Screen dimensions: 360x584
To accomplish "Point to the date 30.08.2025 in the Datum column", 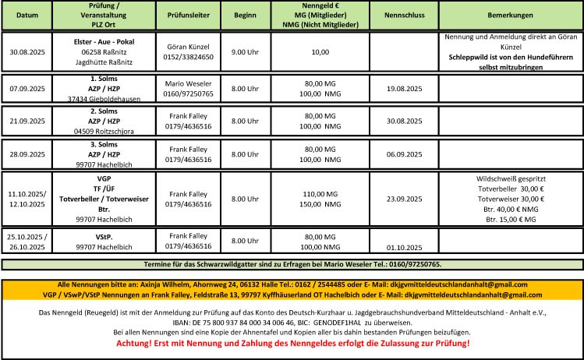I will click(x=27, y=52).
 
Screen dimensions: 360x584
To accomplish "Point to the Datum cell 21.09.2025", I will click(x=27, y=122).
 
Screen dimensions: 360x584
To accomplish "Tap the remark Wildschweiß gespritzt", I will click(x=511, y=178).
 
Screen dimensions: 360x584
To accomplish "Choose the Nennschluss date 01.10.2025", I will click(x=403, y=249).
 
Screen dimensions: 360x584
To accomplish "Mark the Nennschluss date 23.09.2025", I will click(x=403, y=199).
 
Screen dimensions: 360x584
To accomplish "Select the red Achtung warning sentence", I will click(x=292, y=344).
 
